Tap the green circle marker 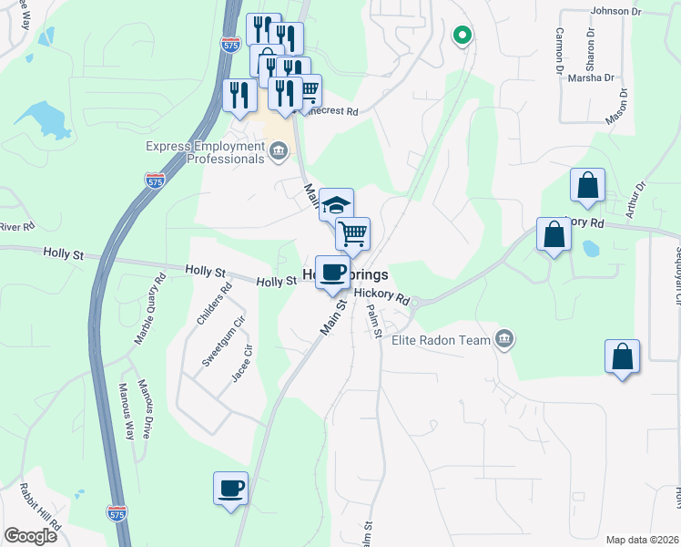tap(462, 36)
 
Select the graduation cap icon tap(336, 204)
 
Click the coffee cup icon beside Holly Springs tap(332, 271)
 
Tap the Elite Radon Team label tap(442, 341)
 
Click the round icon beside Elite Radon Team tap(503, 341)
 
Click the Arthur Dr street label tap(635, 200)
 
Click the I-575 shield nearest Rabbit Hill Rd tap(117, 513)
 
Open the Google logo tap(30, 536)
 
